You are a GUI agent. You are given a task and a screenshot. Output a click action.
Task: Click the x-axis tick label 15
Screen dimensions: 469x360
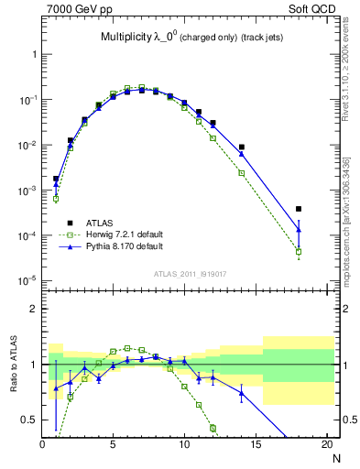tap(256, 446)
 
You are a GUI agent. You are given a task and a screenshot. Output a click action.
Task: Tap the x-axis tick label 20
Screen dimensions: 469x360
tap(326, 446)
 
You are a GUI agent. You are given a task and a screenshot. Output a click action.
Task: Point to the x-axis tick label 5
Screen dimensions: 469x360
tap(114, 446)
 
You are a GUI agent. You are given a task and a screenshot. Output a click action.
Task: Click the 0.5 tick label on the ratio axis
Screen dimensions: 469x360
tap(29, 420)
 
